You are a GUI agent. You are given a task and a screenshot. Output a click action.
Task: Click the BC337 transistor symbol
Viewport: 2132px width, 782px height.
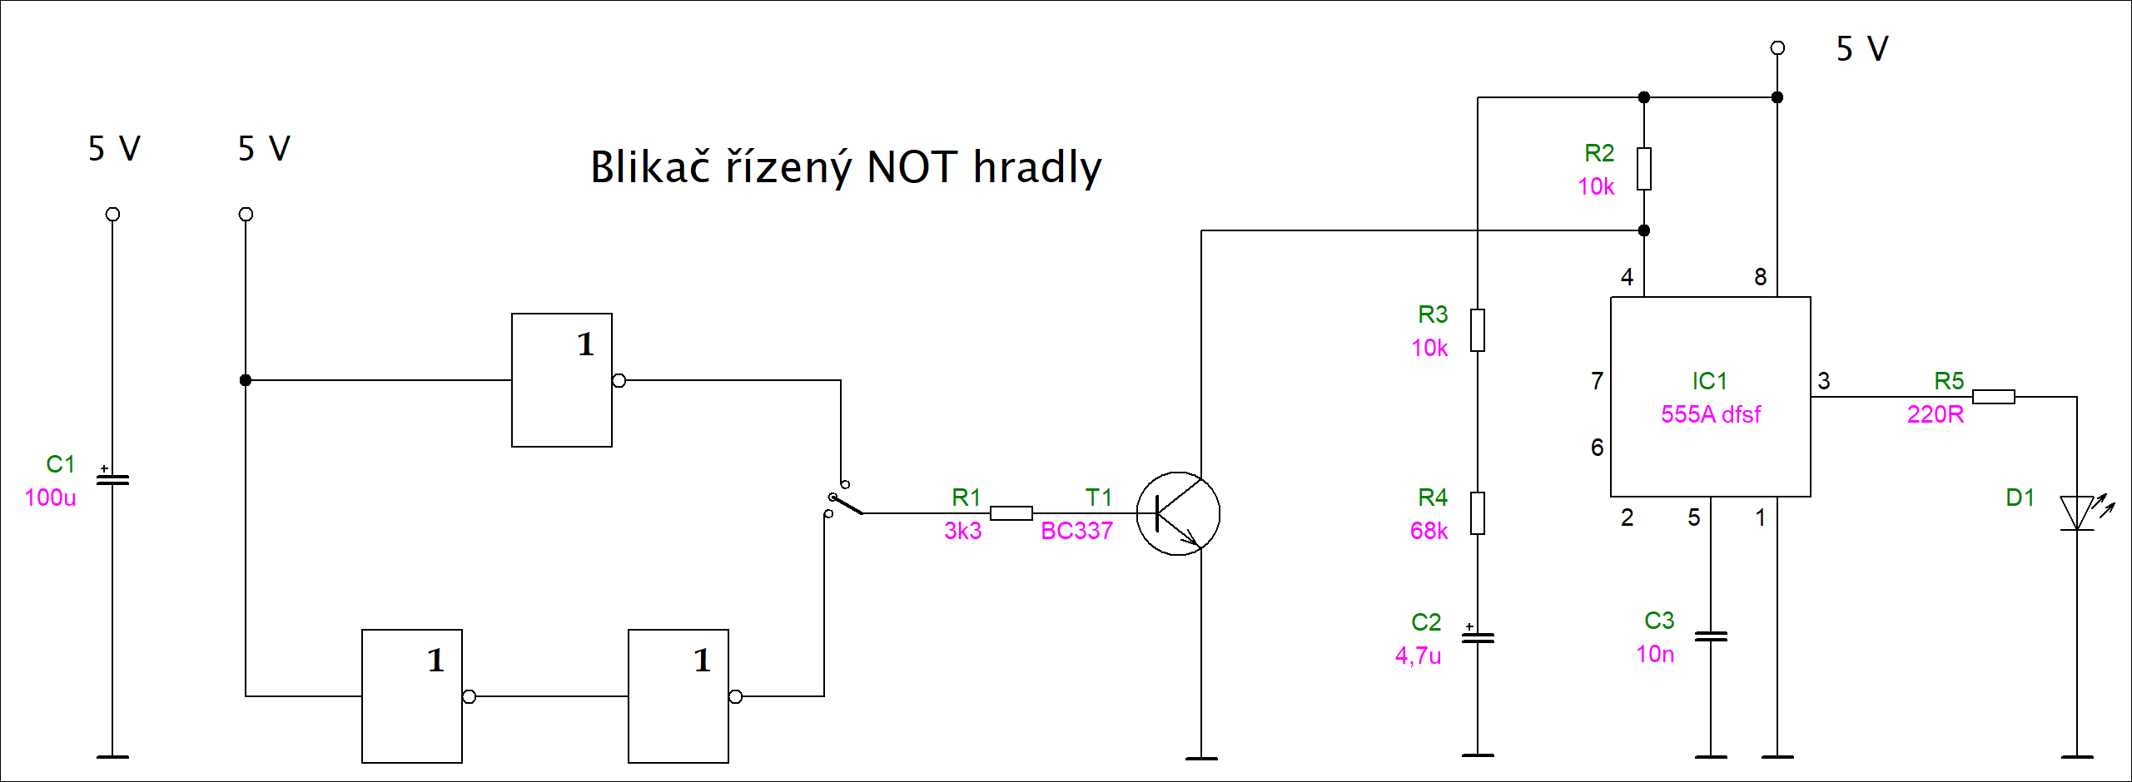pos(1177,514)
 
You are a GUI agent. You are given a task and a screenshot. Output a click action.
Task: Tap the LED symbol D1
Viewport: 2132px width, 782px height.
pos(2077,513)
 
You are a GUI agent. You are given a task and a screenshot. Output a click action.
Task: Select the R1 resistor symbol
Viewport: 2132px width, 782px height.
pos(1011,513)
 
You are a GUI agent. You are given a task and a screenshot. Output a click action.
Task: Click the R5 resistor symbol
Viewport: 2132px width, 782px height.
pos(1993,397)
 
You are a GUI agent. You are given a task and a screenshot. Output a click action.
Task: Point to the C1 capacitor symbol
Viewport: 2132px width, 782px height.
pos(112,480)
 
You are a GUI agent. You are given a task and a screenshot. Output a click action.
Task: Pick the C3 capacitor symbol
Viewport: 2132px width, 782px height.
pos(1711,636)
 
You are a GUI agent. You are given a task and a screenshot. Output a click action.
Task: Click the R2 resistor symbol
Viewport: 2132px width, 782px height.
pos(1644,169)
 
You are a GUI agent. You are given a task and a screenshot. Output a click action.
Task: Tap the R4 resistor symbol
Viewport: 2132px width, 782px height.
pos(1478,513)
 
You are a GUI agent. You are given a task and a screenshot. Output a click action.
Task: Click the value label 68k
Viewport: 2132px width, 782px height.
pos(1429,531)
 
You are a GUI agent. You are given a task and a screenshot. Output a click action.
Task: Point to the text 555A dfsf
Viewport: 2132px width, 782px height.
pos(1710,414)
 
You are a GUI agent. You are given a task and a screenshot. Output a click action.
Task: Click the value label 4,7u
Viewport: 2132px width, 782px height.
pos(1418,656)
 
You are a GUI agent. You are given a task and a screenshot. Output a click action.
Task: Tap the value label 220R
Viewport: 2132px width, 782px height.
pos(1935,414)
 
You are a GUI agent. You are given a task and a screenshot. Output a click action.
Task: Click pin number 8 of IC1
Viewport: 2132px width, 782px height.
pos(1760,277)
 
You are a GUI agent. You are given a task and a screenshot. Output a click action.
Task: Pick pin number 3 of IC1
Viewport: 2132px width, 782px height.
pos(1823,381)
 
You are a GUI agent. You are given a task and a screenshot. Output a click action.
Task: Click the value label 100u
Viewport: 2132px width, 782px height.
pos(50,497)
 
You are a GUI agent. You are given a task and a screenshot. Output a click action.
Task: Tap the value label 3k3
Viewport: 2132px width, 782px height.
pos(962,531)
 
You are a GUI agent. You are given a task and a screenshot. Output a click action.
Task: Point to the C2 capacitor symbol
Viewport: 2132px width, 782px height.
pos(1478,638)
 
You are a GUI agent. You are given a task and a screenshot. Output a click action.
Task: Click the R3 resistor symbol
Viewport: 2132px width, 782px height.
pos(1478,330)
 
